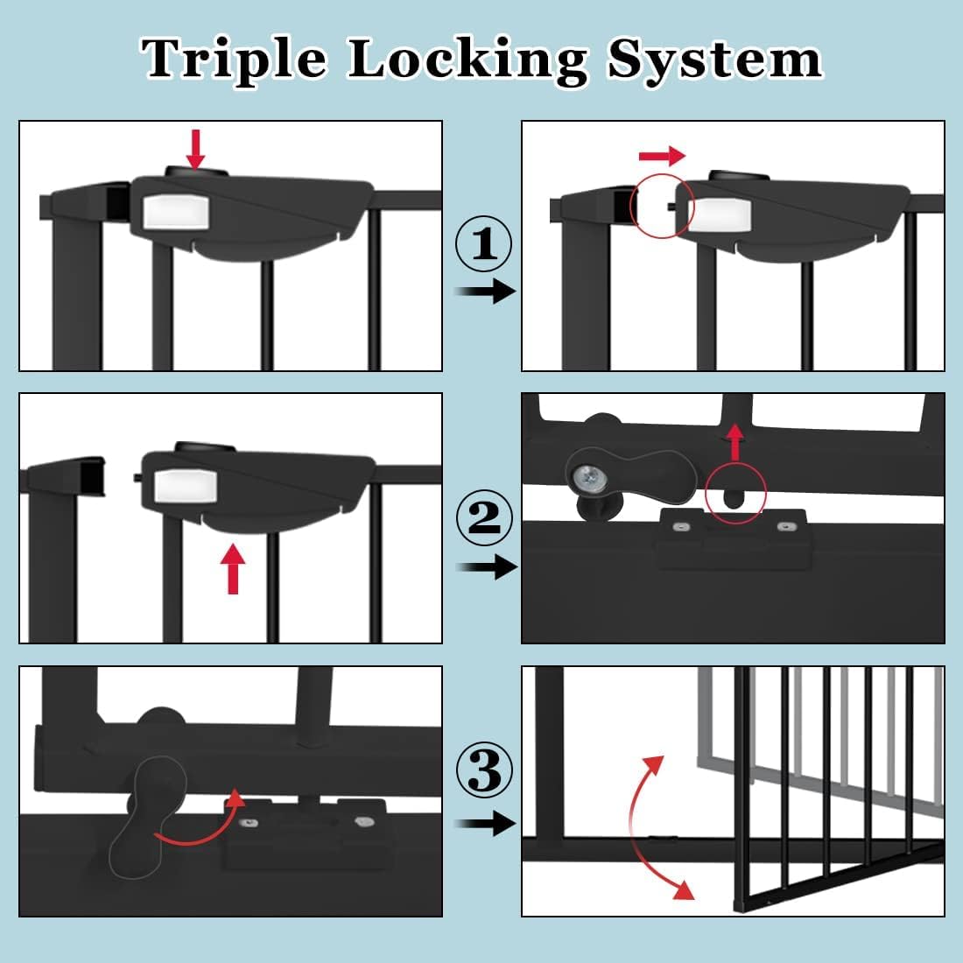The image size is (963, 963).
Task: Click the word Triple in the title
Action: point(235,60)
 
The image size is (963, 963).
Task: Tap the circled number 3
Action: point(484,771)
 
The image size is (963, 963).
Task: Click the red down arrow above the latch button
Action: point(195,149)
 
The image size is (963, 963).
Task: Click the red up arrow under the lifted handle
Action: point(233,568)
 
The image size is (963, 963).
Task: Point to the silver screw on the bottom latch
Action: point(582,477)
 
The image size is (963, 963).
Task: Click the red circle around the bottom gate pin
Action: point(735,494)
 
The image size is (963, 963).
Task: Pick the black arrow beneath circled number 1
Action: point(488,292)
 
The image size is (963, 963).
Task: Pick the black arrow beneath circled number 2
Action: point(488,567)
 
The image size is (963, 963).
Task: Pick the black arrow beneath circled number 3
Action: point(488,823)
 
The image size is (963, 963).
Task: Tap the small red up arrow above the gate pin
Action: point(735,442)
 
